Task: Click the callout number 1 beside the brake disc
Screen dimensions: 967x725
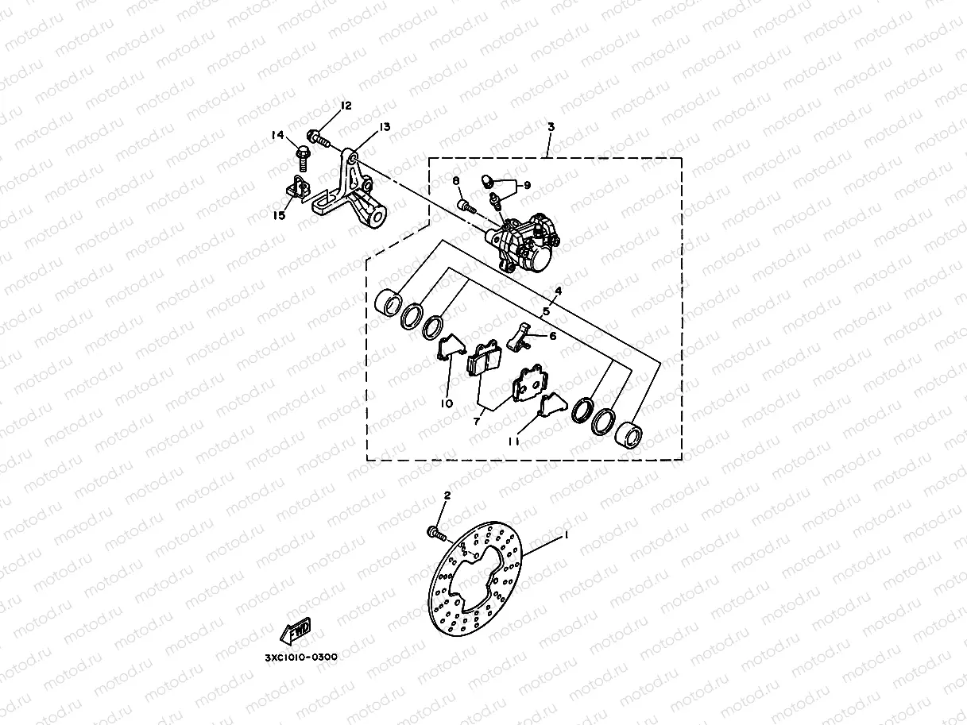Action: pos(566,536)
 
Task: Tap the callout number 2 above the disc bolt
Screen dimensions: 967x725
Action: pos(447,496)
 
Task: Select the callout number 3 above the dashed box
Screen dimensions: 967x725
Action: pos(551,127)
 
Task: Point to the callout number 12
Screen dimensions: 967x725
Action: pos(346,106)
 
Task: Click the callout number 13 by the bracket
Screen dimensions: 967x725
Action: pos(385,127)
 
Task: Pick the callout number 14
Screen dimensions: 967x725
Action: pos(278,135)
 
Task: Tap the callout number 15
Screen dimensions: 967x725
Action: pos(280,216)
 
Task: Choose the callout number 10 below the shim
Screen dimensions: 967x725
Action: pos(447,403)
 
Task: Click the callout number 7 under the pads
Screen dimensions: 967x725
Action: pos(477,422)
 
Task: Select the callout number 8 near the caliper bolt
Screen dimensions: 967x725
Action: pos(457,182)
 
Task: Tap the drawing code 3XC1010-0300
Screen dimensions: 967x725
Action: pos(301,657)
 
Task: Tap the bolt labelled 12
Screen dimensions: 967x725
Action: pos(319,138)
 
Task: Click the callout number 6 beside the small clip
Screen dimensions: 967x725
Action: pos(553,336)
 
